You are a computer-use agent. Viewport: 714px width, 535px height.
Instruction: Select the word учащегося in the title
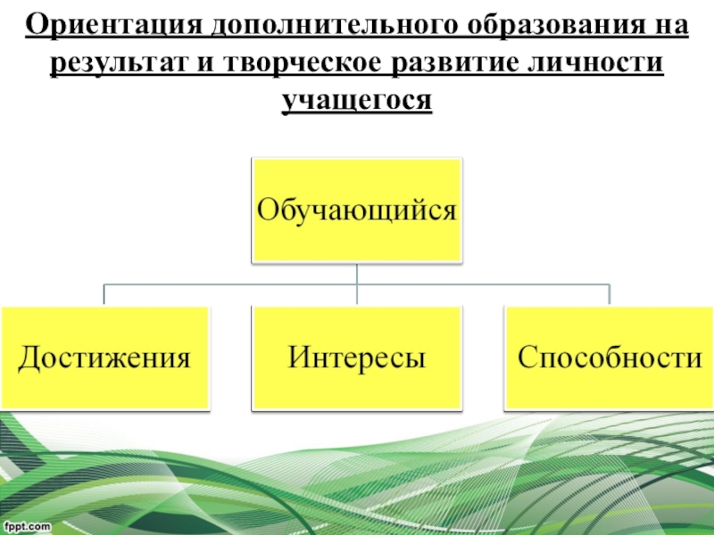pos(357,102)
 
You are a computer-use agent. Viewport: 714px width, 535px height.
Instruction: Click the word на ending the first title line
pos(668,28)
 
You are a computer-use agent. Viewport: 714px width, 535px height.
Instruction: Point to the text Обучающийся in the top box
pos(357,210)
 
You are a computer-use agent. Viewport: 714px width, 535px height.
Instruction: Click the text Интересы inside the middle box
pos(357,358)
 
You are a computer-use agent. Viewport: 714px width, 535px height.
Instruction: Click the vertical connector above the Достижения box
pos(104,295)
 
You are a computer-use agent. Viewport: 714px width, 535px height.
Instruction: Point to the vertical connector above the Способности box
pos(609,295)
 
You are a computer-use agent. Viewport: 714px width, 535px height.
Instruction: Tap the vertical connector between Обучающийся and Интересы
pos(357,284)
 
